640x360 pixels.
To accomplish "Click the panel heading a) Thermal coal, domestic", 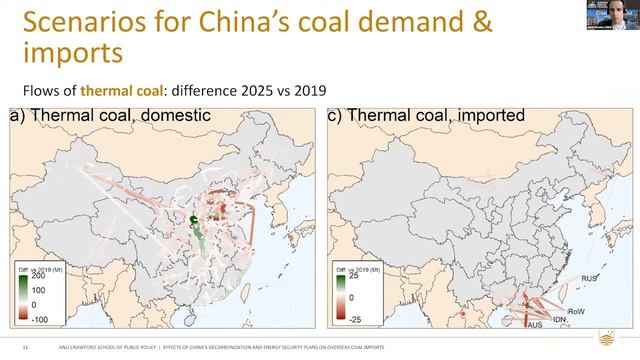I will tap(110, 116).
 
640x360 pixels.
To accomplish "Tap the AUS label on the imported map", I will tap(535, 324).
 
